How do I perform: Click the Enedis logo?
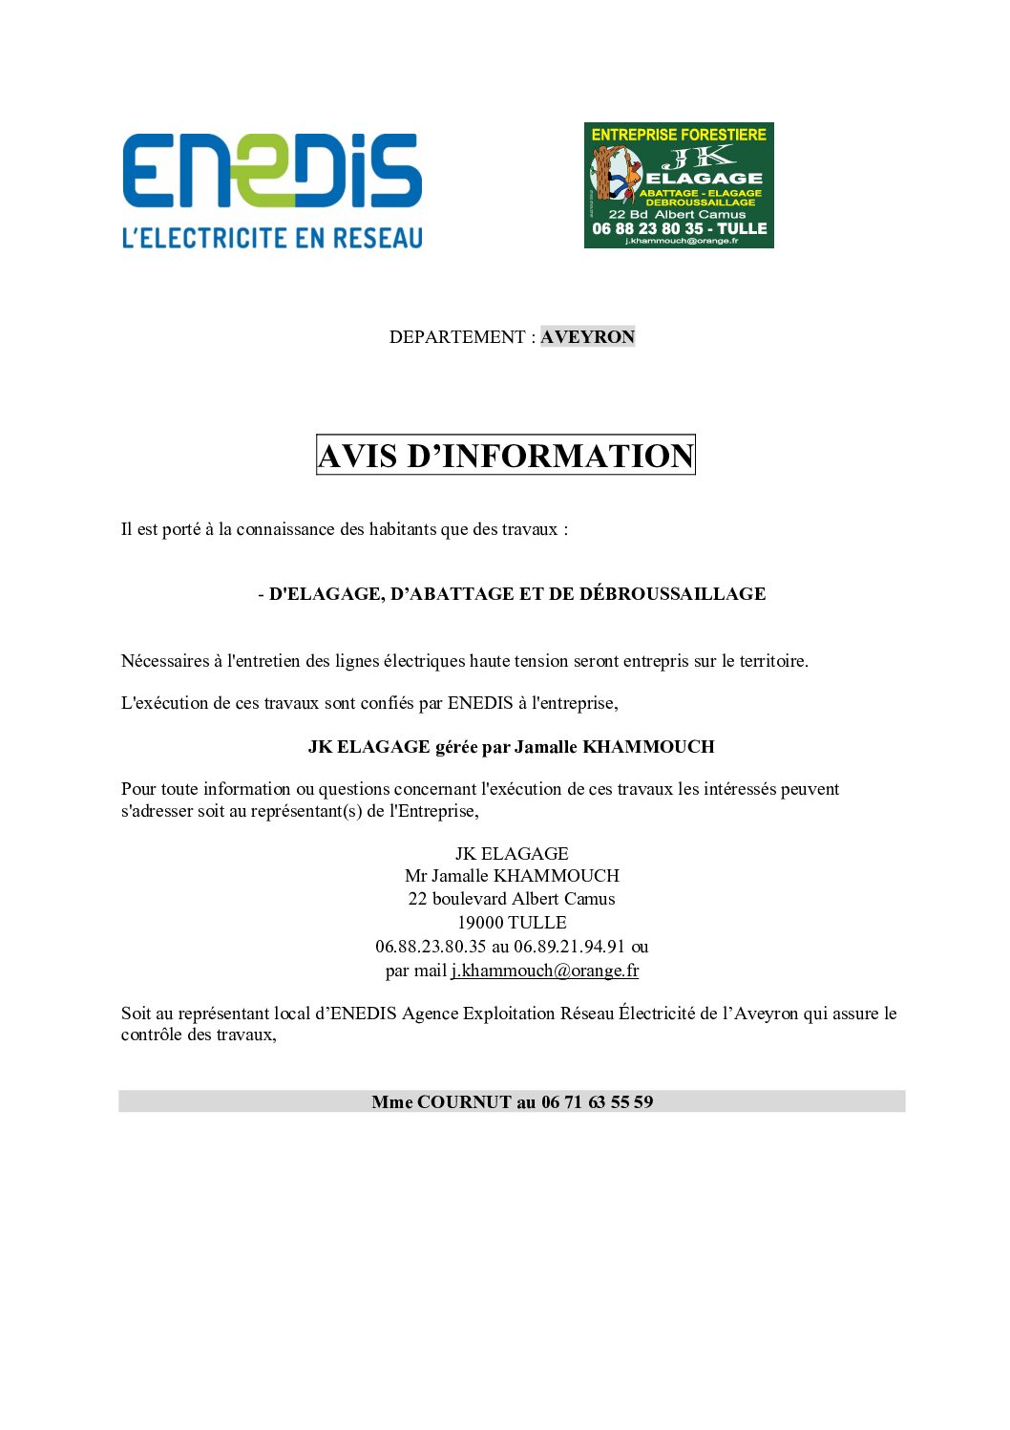[x=272, y=171]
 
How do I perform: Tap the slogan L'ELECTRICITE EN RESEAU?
[x=272, y=237]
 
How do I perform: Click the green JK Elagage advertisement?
[x=679, y=185]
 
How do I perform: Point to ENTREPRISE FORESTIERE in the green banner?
[x=679, y=135]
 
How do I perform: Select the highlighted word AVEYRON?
[x=587, y=337]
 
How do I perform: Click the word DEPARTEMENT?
[x=456, y=337]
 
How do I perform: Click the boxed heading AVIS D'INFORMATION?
[x=505, y=456]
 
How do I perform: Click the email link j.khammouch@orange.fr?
[x=545, y=971]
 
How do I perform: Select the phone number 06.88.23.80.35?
[x=431, y=947]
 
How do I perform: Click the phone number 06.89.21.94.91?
[x=569, y=947]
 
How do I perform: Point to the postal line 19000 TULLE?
[x=512, y=923]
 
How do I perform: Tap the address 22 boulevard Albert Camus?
[x=512, y=899]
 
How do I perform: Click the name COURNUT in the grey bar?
[x=464, y=1102]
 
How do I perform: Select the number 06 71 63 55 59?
[x=597, y=1102]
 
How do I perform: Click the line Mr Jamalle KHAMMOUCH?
[x=512, y=876]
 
